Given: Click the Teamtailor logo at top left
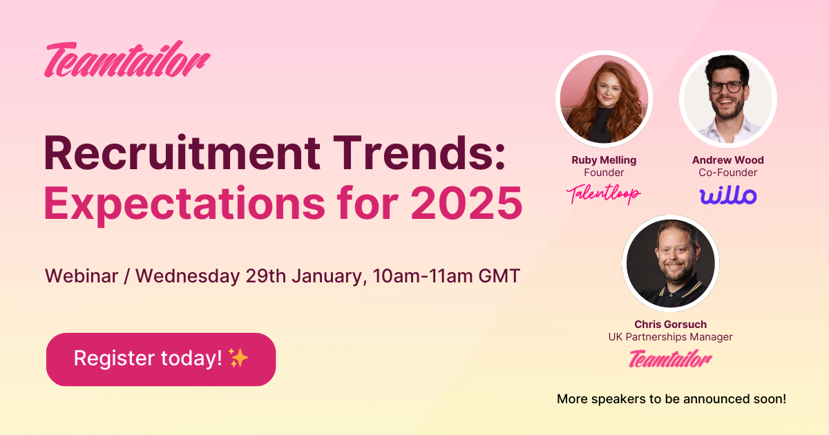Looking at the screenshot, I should click(128, 61).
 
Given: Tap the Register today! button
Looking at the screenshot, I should click(161, 359).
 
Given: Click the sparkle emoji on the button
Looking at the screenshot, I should click(238, 358).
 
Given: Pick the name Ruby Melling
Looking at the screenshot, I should click(604, 160).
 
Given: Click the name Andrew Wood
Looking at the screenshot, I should click(728, 160).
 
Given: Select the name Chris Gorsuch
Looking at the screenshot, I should click(670, 325).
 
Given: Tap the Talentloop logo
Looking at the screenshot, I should click(604, 195).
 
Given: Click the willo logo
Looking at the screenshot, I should click(728, 195).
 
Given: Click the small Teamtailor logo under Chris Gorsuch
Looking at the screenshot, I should click(670, 359).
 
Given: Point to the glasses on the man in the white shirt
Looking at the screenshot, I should click(725, 87).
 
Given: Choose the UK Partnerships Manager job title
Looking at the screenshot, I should click(670, 337).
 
